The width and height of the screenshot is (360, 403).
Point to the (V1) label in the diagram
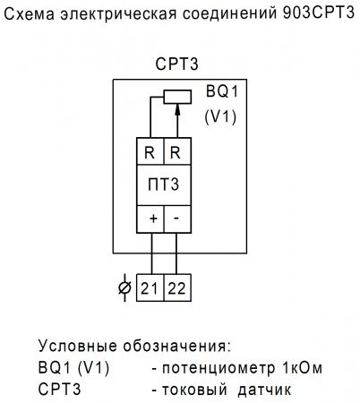coord(219,116)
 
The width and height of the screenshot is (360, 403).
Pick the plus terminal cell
coord(150,218)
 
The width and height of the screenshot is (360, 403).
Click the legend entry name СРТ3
coord(60,390)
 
